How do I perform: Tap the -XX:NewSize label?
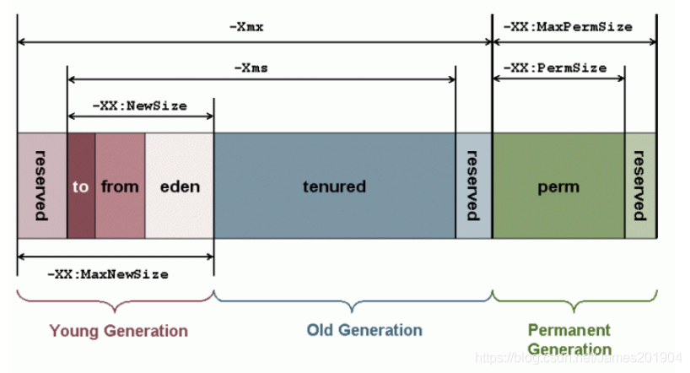[139, 106]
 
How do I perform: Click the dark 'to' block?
[81, 186]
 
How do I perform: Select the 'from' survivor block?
[120, 186]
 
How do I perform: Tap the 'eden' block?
[180, 186]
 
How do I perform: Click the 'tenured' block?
[334, 186]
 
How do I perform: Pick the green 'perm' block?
[558, 186]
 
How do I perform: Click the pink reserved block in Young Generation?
[41, 186]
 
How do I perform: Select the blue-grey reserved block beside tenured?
[473, 186]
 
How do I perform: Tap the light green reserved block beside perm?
[640, 186]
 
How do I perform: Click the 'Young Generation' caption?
[118, 329]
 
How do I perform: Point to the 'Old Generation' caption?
[364, 329]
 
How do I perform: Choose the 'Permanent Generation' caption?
[570, 338]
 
